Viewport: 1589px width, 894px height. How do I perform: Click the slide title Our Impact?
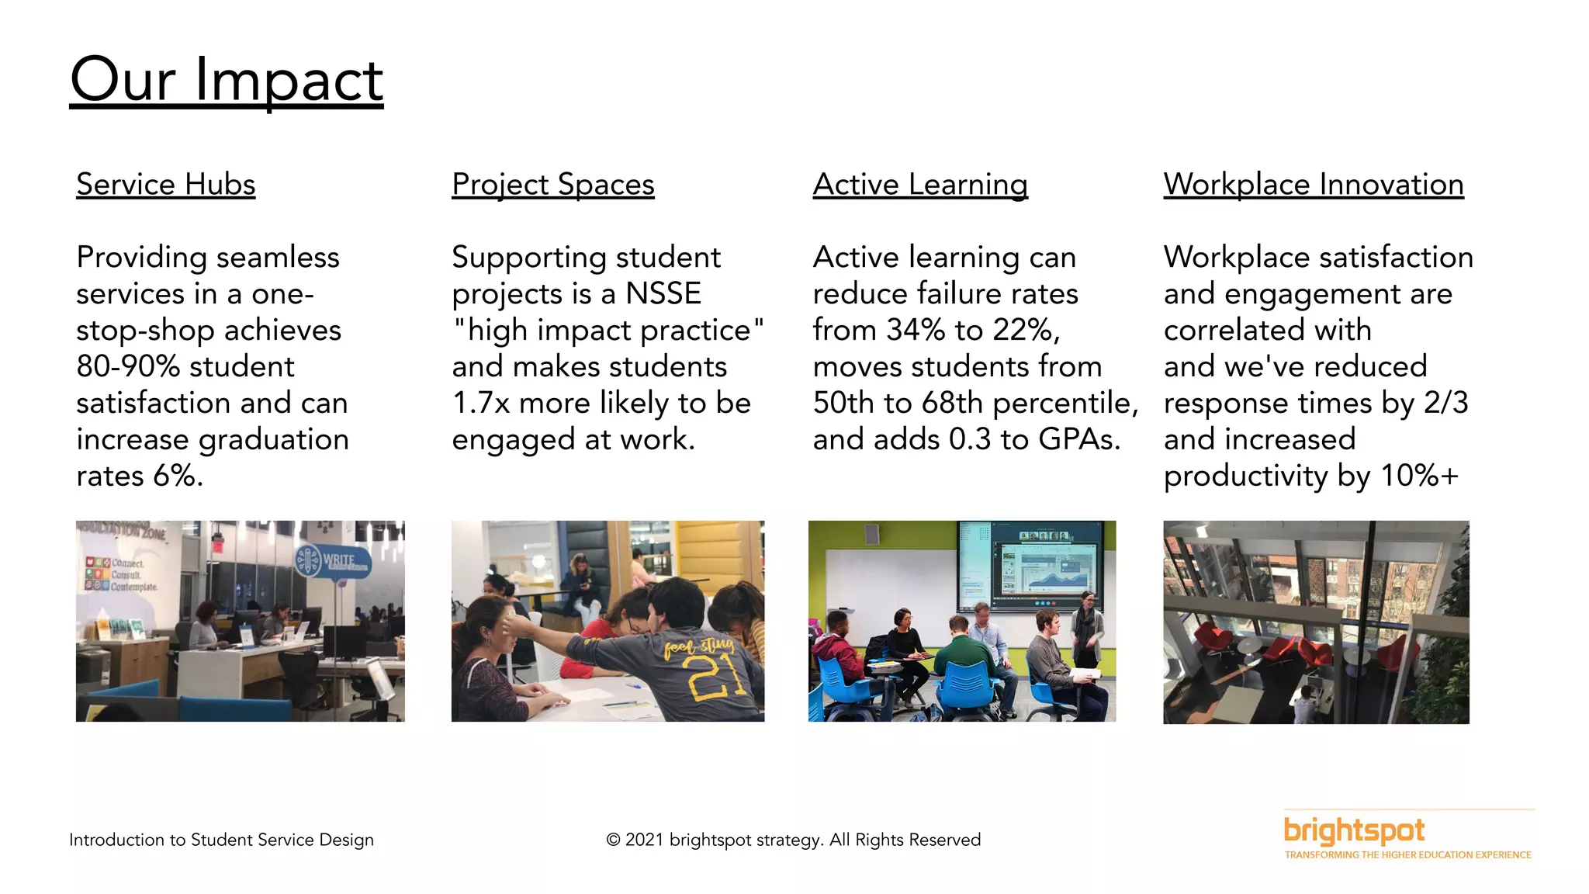226,80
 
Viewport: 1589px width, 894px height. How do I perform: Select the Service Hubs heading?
165,185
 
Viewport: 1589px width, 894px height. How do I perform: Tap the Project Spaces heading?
552,185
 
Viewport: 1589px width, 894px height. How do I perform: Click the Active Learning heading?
920,185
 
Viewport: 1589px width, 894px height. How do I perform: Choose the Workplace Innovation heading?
1313,185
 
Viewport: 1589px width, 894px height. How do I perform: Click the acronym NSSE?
663,294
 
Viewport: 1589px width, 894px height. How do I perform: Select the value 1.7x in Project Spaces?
481,403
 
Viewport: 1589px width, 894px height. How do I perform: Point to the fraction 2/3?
1445,403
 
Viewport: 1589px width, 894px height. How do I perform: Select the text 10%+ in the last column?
1419,476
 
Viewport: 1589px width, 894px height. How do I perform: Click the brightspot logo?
1354,832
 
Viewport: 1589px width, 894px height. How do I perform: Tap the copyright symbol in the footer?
613,840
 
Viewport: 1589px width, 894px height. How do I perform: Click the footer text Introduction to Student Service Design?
221,840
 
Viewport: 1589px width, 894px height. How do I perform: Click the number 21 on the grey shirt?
714,677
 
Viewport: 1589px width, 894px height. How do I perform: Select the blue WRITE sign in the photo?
333,561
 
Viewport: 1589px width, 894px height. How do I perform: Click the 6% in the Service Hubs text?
177,476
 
